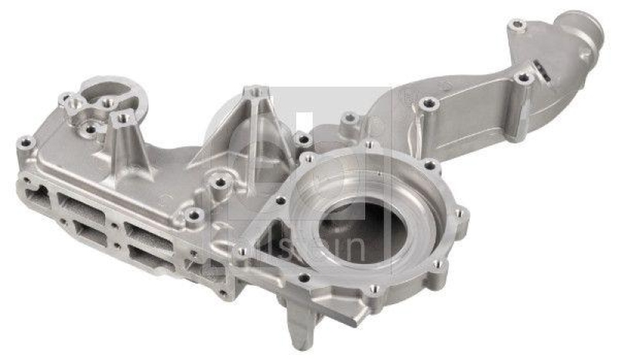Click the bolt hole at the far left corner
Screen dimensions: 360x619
pyautogui.click(x=26, y=142)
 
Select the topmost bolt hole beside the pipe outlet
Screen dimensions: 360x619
pyautogui.click(x=517, y=26)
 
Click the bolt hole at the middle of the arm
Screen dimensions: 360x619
pyautogui.click(x=426, y=103)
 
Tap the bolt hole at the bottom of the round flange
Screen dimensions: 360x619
pyautogui.click(x=373, y=289)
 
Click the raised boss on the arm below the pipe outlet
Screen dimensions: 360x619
pyautogui.click(x=524, y=78)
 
